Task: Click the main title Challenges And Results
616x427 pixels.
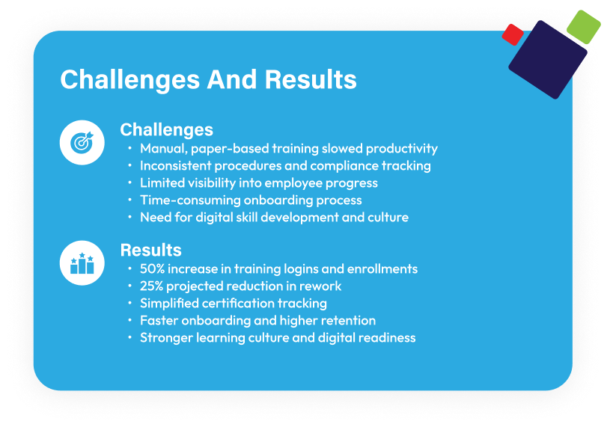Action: tap(208, 80)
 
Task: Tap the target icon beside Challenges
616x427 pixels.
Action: tap(82, 143)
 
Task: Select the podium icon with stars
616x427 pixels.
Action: tap(82, 263)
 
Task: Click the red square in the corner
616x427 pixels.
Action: tap(513, 34)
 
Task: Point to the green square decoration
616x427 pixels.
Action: tap(583, 27)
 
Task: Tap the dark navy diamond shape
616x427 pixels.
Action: tap(548, 59)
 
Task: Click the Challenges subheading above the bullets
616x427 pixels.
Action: tap(167, 130)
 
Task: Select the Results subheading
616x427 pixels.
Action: tap(151, 250)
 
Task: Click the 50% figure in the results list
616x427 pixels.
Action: tap(152, 268)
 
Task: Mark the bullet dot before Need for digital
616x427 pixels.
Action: tap(129, 217)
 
